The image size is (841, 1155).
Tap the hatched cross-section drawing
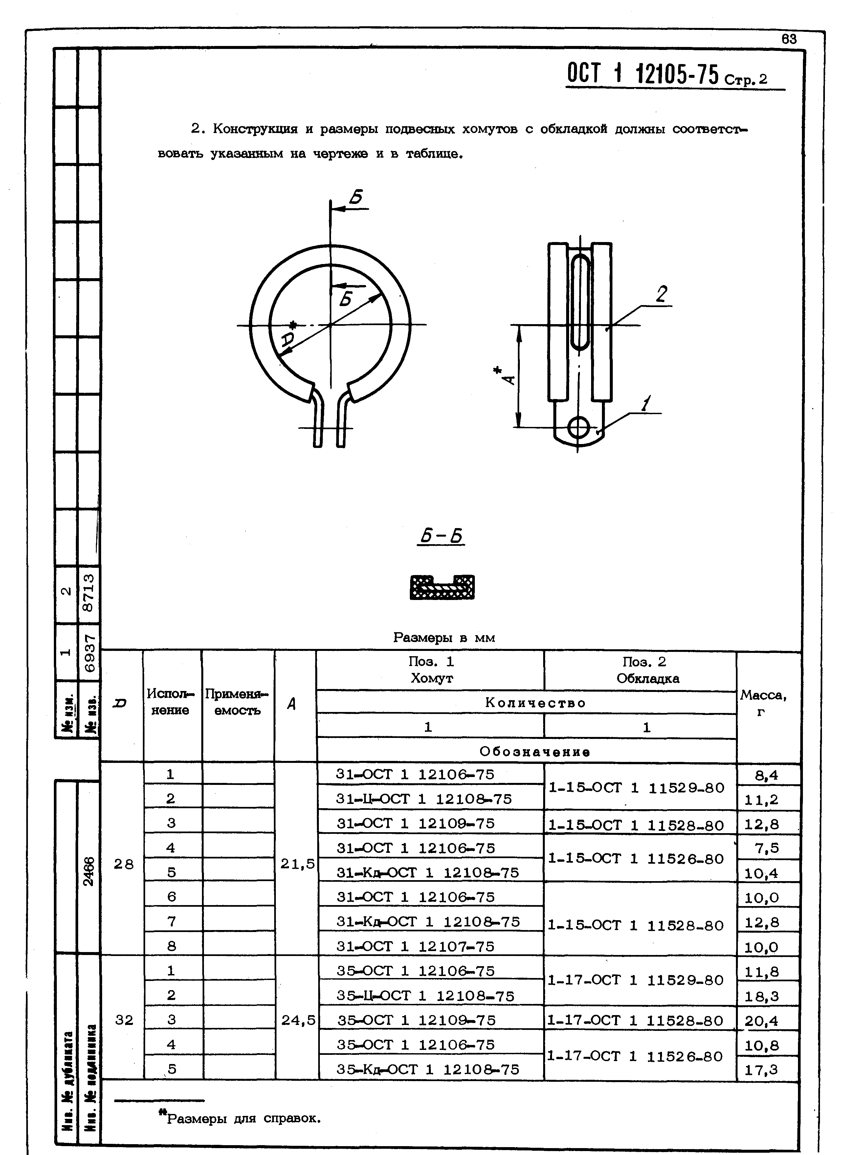point(442,587)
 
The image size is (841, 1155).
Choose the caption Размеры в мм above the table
point(444,637)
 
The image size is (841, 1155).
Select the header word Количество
point(536,703)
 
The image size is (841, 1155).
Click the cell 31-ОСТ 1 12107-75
point(415,946)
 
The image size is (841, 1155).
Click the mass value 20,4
point(762,1021)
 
